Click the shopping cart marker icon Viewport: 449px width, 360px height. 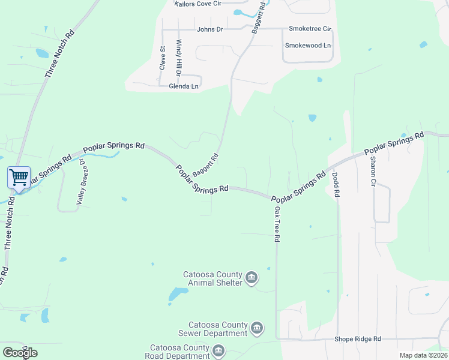pos(19,178)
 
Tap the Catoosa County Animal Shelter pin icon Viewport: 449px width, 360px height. pos(252,277)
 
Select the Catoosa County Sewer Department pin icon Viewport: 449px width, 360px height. pos(257,328)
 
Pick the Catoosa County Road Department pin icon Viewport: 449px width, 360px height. pos(218,350)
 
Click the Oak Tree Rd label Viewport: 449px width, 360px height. pos(277,224)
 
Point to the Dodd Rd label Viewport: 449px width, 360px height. pos(336,185)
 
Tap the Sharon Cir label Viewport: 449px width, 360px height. pos(373,170)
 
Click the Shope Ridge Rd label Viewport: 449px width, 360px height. pos(357,339)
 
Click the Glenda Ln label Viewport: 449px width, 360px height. pos(184,86)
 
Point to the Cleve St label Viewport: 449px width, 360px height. pos(162,58)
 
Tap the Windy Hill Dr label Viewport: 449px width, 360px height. pos(178,58)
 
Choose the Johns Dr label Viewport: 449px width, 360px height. pos(209,29)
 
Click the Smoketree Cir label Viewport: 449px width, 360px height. pos(310,28)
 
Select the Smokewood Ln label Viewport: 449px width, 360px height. pos(307,46)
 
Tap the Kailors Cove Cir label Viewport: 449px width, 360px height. pos(198,3)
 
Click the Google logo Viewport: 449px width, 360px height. pos(20,353)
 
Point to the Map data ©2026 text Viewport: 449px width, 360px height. pos(423,355)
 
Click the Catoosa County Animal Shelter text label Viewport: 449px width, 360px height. pos(213,279)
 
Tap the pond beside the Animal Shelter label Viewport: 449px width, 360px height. pos(178,294)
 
